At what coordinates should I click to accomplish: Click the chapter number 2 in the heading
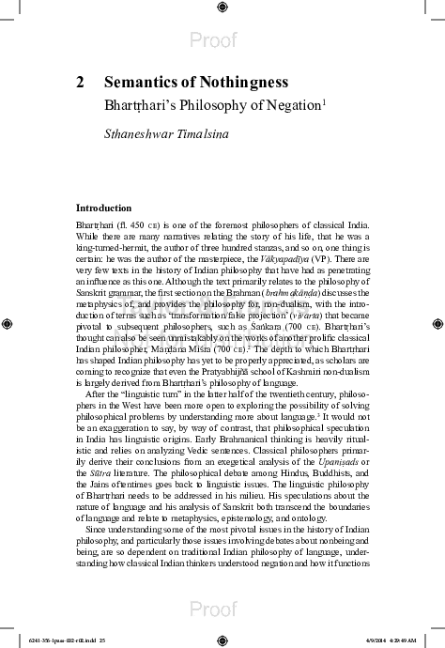pyautogui.click(x=80, y=83)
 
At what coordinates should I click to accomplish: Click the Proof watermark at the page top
pyautogui.click(x=222, y=40)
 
